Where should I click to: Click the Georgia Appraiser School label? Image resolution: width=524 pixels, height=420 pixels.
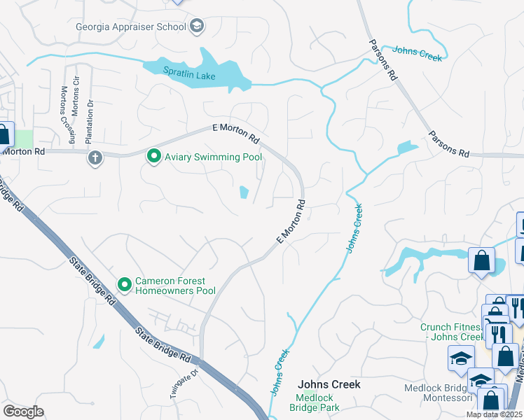coord(131,27)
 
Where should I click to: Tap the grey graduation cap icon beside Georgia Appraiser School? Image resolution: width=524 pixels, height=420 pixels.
coord(197,27)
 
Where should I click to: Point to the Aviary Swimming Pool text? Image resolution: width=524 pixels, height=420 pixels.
coord(213,157)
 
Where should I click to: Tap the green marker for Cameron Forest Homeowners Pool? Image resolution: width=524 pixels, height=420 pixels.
coord(125,284)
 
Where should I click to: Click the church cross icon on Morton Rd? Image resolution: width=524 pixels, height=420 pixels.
coord(95,157)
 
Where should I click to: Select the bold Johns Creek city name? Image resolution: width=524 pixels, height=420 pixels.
coord(329,384)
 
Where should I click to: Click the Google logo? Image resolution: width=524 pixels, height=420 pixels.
coord(24,412)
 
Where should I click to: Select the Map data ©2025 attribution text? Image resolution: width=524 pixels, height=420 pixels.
coord(494,415)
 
